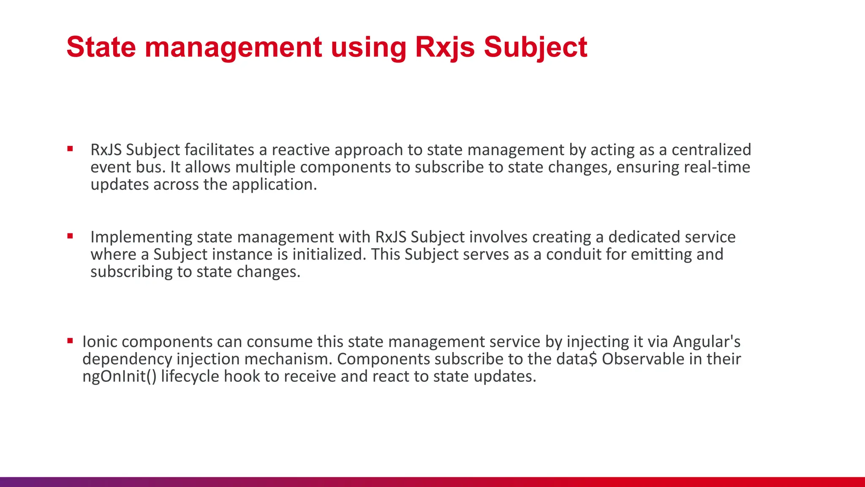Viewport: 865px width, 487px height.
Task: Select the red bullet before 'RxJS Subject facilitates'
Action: click(70, 149)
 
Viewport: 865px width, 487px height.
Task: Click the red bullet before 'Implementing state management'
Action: click(70, 236)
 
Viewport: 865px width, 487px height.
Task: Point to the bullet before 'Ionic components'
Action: click(70, 340)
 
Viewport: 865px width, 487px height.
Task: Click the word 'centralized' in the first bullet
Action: click(711, 150)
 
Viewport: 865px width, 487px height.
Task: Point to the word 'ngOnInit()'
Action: click(120, 376)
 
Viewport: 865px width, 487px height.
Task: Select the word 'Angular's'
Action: click(707, 342)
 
